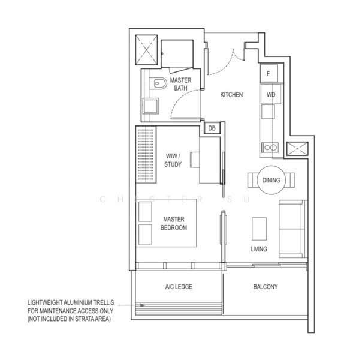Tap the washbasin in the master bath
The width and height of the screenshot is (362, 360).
150,106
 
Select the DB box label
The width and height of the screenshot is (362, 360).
212,128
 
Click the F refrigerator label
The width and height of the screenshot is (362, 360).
269,73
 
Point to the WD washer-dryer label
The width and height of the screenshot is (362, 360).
271,95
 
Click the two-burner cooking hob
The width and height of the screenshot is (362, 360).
270,147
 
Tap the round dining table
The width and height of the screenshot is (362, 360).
271,180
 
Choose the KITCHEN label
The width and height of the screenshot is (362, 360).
231,95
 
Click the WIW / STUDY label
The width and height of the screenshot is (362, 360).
173,160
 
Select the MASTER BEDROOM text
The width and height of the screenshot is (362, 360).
174,223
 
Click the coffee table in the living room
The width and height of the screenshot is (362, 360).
260,229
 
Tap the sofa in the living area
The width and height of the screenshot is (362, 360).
292,229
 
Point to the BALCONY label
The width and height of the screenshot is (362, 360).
266,287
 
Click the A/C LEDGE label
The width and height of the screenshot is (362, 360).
179,287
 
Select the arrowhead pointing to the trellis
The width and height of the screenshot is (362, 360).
143,305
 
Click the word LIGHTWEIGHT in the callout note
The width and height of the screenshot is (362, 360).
44,302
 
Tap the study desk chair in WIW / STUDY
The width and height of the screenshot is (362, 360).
195,160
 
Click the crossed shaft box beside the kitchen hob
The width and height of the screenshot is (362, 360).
297,149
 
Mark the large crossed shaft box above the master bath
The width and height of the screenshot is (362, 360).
146,50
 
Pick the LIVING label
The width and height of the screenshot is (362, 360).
259,249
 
